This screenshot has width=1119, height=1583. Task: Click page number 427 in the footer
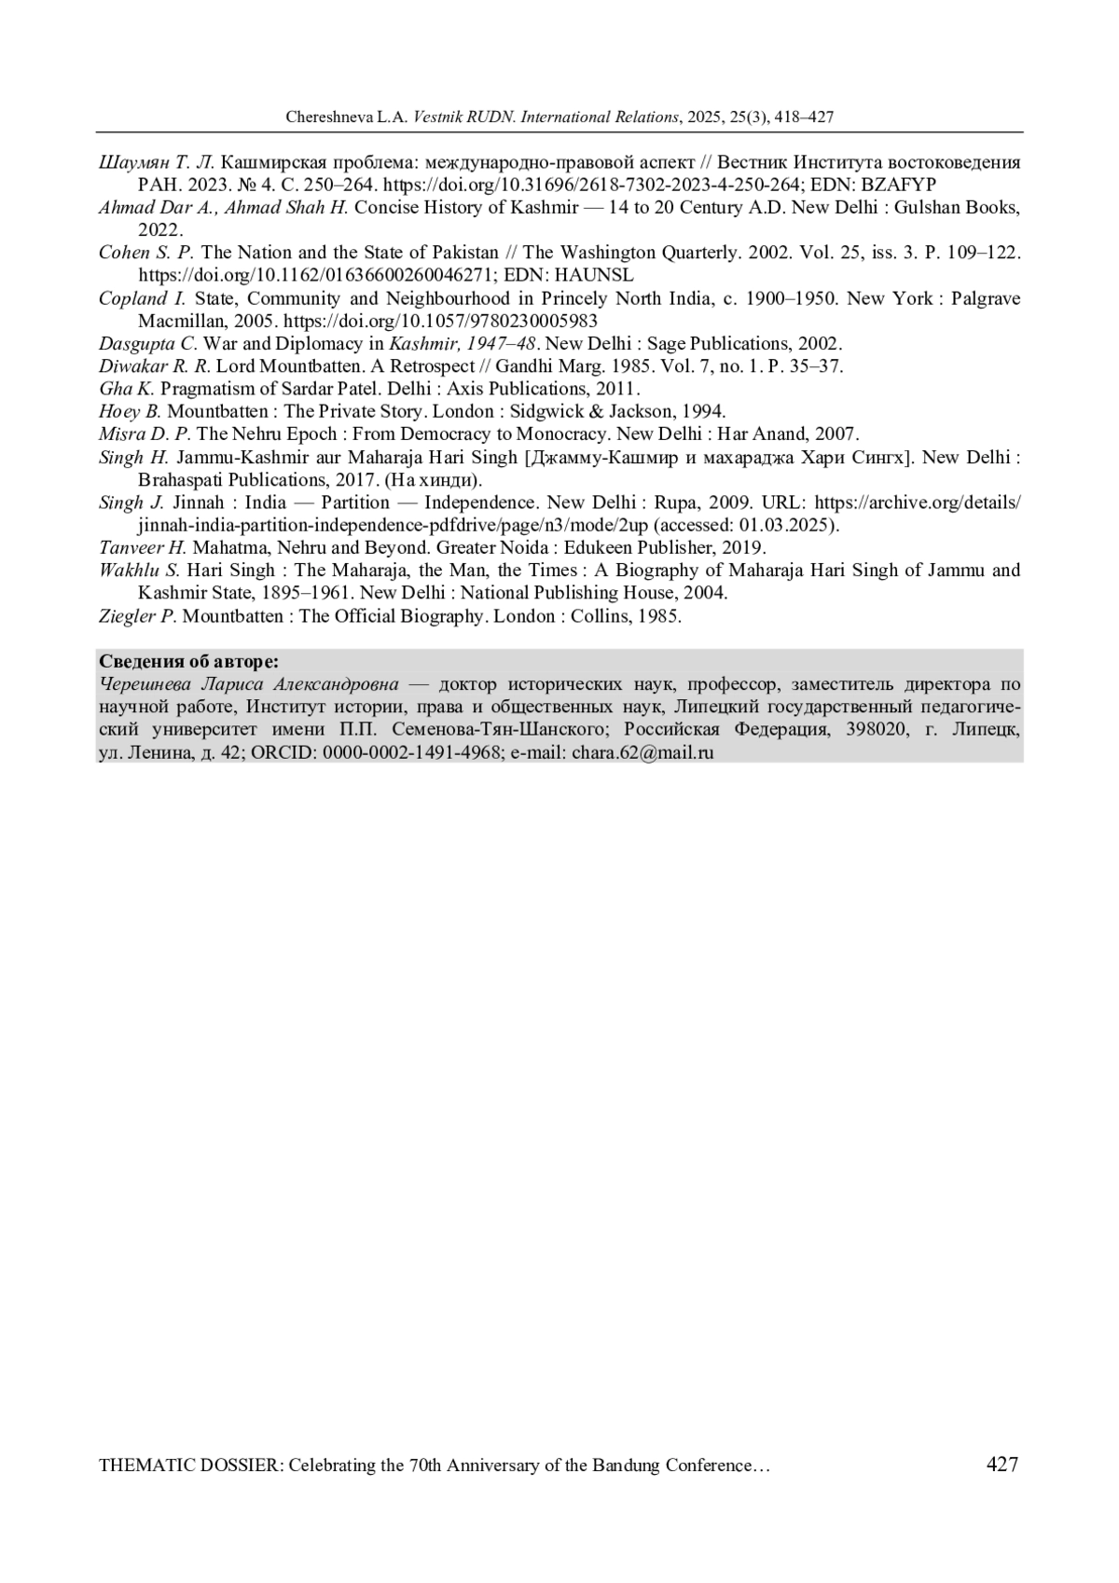(x=1002, y=1464)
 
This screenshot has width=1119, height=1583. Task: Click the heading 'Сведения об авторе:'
(x=188, y=662)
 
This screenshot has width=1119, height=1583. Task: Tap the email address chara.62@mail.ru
(x=642, y=752)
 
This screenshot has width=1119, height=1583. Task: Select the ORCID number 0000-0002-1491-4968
(x=411, y=752)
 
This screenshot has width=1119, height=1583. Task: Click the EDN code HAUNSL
(x=593, y=275)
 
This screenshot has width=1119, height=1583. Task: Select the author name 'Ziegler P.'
(x=137, y=616)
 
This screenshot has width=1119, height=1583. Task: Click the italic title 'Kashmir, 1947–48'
(x=462, y=343)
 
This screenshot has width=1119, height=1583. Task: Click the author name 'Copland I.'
(x=143, y=298)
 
